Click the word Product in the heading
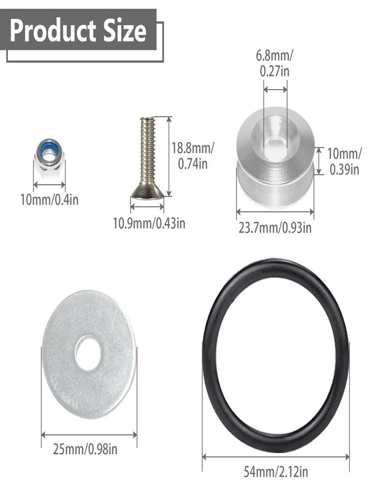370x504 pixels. coord(53,31)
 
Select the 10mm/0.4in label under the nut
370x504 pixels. coord(49,199)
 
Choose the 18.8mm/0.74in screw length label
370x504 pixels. coord(192,156)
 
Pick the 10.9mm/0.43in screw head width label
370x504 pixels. coord(149,223)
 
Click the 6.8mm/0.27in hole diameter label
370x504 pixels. coord(275,63)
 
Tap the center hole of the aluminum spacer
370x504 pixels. coord(275,144)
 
